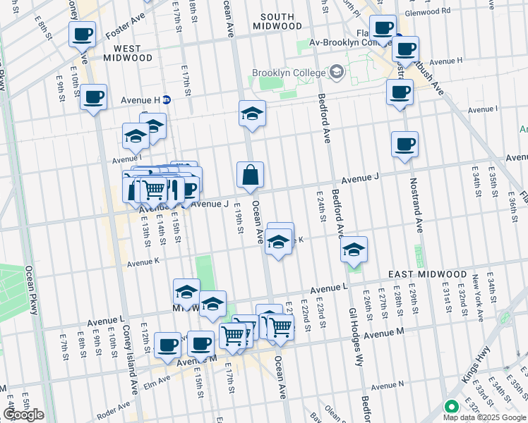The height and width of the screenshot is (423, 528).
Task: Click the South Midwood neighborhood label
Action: (282, 21)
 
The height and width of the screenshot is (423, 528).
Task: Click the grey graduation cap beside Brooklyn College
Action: (336, 72)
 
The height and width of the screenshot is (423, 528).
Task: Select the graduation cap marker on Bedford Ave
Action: (354, 250)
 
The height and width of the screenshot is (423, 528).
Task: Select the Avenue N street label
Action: (388, 385)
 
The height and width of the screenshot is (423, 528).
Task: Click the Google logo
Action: (23, 415)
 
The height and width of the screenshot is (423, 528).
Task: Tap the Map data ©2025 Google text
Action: (485, 417)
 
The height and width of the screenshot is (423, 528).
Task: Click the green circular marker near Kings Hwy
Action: (450, 407)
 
